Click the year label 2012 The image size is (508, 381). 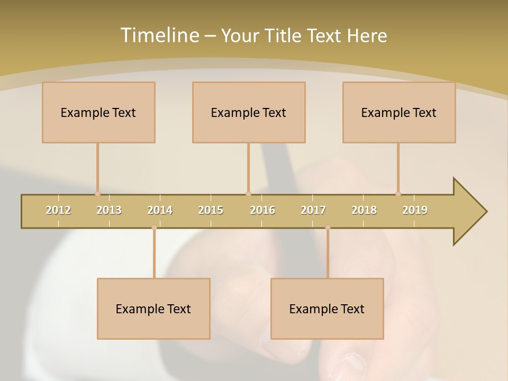point(58,210)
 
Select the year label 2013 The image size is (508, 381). point(109,210)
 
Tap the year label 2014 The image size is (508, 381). point(160,210)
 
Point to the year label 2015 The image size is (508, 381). point(211,210)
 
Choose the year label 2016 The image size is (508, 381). point(262,210)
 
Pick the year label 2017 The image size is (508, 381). point(313,210)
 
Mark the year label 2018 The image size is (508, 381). point(364,210)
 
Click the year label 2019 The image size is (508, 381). point(415,210)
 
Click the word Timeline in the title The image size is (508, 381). point(159,35)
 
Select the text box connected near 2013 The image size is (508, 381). point(98,112)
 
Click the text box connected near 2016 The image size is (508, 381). point(249,112)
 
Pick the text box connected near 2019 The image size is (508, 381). point(399,112)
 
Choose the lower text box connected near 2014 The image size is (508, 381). point(153,309)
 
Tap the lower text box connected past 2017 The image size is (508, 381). point(327,309)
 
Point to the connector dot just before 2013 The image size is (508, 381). point(97,194)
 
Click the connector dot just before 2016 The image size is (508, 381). point(248,194)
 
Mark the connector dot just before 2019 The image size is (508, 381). point(398,194)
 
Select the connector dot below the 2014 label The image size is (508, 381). point(154,228)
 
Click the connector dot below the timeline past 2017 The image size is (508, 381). point(328,228)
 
